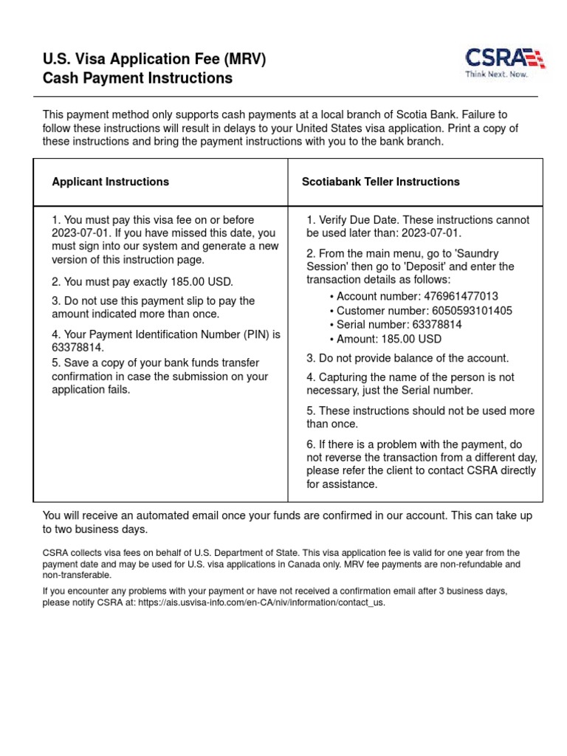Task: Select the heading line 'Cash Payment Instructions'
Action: click(137, 78)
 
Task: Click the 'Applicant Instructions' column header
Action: click(110, 182)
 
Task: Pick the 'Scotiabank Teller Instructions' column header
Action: click(380, 182)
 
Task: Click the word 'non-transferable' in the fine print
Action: click(77, 575)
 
